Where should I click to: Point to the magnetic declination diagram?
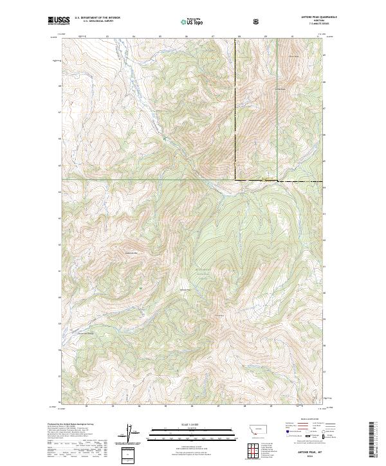(127, 431)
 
